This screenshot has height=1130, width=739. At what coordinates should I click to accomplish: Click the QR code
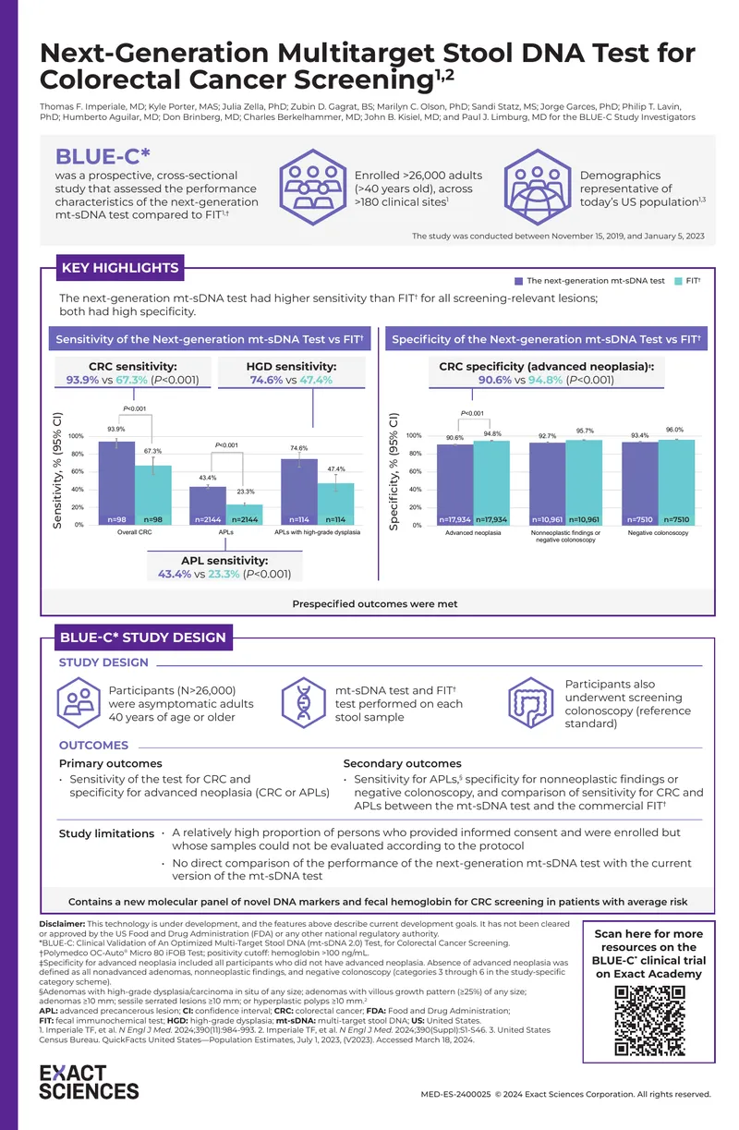pos(649,1021)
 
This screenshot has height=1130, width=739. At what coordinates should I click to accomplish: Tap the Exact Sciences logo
pos(89,1083)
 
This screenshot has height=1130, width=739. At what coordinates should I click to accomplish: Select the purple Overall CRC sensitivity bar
pos(116,483)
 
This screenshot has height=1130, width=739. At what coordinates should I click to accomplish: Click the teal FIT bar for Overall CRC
pos(152,495)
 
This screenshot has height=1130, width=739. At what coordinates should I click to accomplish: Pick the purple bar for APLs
pos(208,506)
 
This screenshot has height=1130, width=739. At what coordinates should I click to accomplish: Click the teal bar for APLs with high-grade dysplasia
pos(335,504)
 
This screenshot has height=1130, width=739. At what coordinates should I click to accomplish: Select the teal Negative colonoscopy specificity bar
pos(676,482)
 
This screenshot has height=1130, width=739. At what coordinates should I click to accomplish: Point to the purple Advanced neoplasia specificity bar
pos(455,485)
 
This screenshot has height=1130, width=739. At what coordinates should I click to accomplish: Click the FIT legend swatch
pos(678,281)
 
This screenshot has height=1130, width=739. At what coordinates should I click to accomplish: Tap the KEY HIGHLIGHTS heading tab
pos(120,267)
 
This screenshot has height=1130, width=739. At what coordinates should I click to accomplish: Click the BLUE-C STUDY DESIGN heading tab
pos(143,638)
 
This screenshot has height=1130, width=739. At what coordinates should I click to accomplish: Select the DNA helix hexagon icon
pos(303,703)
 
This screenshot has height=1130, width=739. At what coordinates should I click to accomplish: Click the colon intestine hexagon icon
pos(530,703)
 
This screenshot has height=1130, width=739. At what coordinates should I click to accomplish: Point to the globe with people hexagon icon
pos(538,188)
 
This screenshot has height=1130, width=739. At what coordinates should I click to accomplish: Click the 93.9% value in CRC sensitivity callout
pos(82,380)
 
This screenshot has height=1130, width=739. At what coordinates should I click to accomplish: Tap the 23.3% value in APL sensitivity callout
pos(224,574)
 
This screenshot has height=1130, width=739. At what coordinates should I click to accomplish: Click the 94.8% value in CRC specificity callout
pos(545,380)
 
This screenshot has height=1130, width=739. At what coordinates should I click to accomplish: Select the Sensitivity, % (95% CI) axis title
pos(57,470)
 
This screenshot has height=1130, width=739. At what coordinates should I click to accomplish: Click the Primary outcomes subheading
pos(111,763)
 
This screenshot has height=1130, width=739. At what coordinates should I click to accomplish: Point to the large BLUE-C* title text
pos(103,156)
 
